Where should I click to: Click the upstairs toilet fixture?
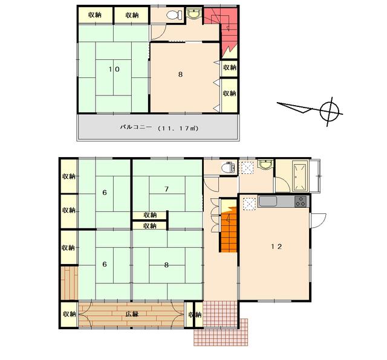[174, 15]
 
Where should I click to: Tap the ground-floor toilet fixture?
[228, 167]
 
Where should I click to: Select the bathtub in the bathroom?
[300, 176]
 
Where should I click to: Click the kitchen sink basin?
[267, 201]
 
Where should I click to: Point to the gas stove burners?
[301, 201]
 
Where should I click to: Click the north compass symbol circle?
[329, 112]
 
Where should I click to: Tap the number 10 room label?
[114, 69]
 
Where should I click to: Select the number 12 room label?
[276, 246]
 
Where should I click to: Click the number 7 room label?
[167, 189]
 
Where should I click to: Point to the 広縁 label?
[132, 314]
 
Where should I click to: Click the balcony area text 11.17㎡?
[178, 128]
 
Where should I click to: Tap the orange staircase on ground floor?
[229, 226]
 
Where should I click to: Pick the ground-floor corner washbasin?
[265, 164]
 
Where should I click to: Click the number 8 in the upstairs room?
[180, 74]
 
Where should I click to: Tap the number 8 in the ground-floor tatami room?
[167, 265]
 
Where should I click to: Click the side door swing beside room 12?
[319, 220]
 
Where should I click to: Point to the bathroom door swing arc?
[283, 184]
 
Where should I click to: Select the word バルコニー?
[135, 127]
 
